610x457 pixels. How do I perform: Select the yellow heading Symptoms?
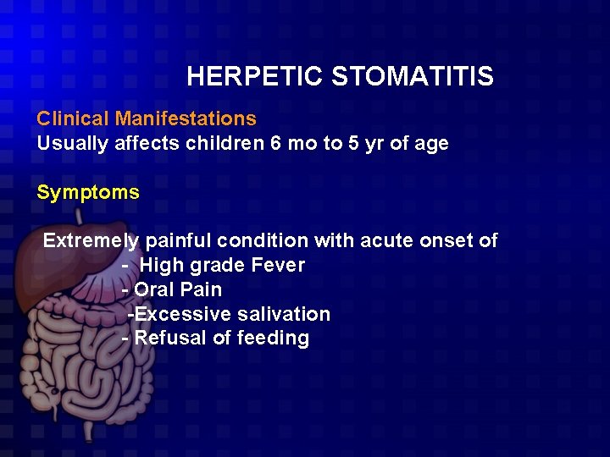(x=88, y=192)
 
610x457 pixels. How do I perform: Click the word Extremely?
(x=91, y=241)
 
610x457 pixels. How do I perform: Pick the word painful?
(x=176, y=241)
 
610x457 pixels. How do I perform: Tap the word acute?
(x=386, y=241)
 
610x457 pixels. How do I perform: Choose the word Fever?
(x=278, y=266)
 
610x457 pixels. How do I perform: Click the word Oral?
(x=154, y=289)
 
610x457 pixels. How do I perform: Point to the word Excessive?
(x=182, y=314)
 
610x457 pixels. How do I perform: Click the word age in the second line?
(x=430, y=144)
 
